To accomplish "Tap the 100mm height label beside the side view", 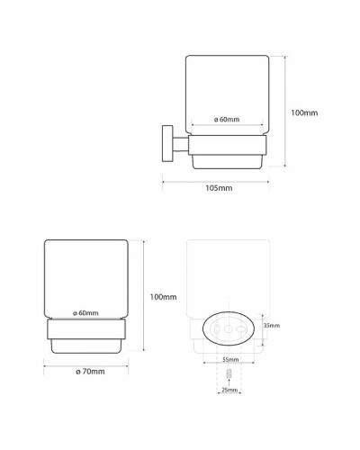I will [x=305, y=112].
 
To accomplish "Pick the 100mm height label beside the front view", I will [x=163, y=297].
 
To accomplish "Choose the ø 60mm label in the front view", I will [x=86, y=312].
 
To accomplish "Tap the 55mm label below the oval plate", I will [x=229, y=360].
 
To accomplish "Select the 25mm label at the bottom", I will [x=229, y=390].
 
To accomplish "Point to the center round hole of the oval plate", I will [x=229, y=331].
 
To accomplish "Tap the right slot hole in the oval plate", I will [x=240, y=331].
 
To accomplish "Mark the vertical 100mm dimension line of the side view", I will [x=285, y=112].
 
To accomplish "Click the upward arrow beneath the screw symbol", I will [x=229, y=382].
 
